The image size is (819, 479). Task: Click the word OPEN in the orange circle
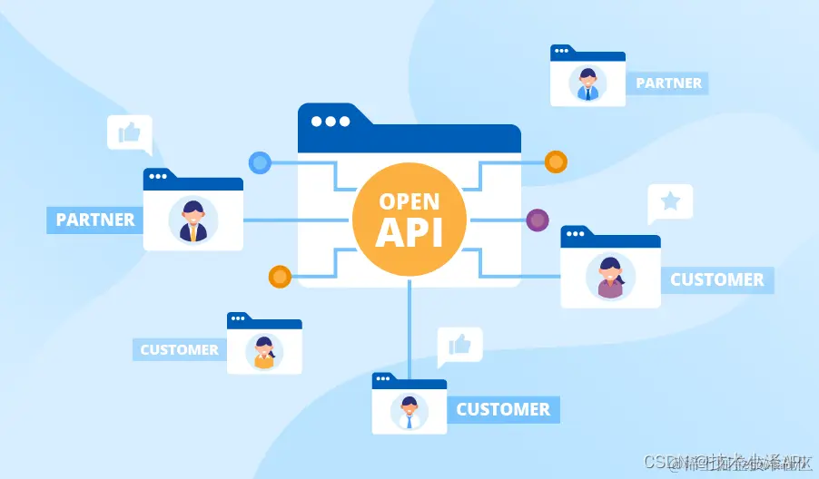(409, 201)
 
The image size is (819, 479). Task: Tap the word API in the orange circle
(409, 231)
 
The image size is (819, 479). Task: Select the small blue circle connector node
(261, 163)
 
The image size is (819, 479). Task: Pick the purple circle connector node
(538, 220)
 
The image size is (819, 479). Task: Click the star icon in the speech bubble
(670, 201)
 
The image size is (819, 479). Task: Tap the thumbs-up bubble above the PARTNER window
(129, 133)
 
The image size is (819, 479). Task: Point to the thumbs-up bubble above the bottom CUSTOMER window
(459, 345)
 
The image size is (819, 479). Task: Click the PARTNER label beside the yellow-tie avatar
(94, 220)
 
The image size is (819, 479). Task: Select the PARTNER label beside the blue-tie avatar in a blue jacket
(668, 83)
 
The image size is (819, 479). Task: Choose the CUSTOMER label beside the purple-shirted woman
(716, 279)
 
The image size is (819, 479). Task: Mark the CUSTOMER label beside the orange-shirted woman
(179, 349)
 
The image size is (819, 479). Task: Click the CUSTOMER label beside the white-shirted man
(502, 409)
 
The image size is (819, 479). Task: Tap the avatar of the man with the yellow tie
(193, 220)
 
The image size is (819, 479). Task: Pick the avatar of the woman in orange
(263, 352)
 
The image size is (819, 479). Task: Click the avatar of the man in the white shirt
(409, 412)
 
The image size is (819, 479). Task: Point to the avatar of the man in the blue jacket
(587, 83)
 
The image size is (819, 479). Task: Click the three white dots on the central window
(330, 121)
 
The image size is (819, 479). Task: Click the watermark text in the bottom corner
(726, 462)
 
